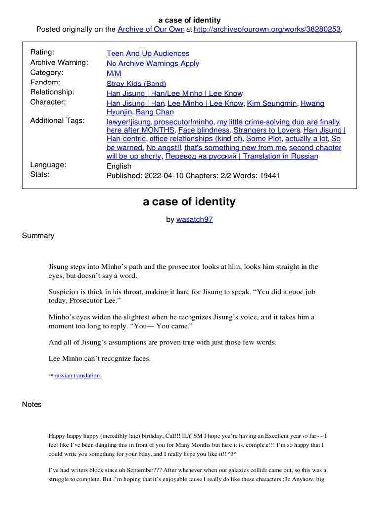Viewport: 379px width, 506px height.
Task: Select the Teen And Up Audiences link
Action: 148,53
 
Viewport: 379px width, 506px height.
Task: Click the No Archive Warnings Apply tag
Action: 153,63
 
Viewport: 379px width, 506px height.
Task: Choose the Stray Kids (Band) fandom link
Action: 136,84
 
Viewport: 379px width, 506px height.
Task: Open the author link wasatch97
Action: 194,219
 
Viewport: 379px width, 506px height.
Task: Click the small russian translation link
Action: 77,375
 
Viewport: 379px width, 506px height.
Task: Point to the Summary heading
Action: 38,236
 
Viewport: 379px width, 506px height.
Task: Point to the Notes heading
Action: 32,404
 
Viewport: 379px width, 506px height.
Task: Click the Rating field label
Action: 42,52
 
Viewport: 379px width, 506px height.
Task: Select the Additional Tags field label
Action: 58,121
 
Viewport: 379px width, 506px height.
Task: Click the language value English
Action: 119,166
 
